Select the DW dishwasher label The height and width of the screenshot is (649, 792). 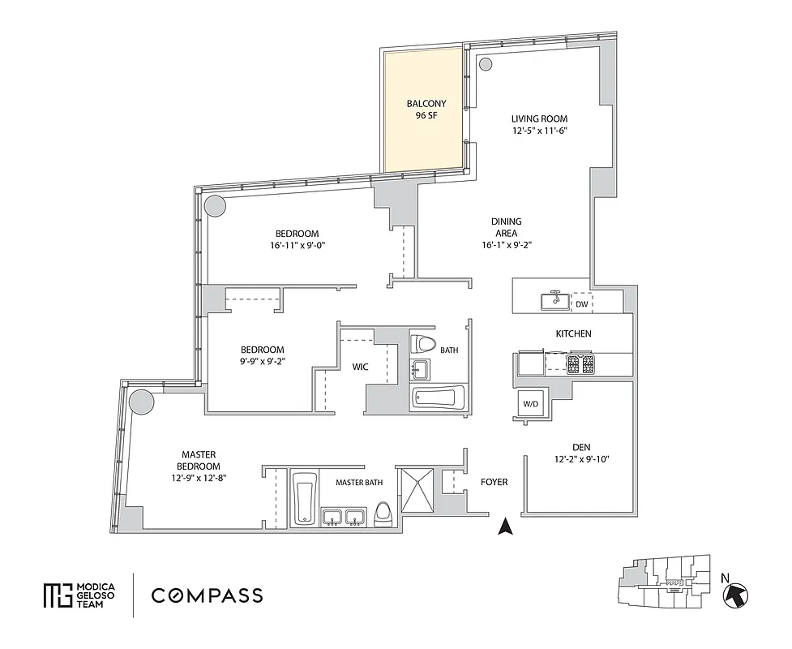tap(581, 304)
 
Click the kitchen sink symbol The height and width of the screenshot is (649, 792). tap(556, 301)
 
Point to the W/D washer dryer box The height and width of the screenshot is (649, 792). tap(530, 403)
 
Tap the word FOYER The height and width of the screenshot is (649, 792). tap(494, 482)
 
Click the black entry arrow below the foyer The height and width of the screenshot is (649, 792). tap(505, 527)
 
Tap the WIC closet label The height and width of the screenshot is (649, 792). tap(360, 367)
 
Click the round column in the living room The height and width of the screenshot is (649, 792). tap(485, 65)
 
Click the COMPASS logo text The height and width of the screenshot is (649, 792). tap(207, 595)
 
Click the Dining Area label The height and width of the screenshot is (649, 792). tap(506, 233)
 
